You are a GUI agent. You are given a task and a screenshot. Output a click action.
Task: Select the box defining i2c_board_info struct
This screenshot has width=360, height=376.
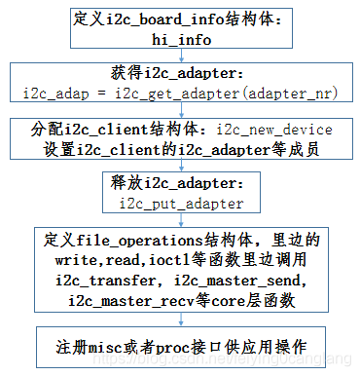point(182,28)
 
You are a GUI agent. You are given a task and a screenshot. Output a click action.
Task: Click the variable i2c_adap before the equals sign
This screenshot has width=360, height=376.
point(54,93)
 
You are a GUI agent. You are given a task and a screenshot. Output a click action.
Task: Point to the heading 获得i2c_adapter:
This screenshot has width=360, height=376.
point(182,75)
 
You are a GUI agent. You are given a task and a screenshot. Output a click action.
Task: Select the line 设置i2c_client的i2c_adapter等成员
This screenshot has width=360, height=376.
point(181,149)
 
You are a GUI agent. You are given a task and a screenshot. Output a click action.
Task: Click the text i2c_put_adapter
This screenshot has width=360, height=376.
point(182,204)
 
